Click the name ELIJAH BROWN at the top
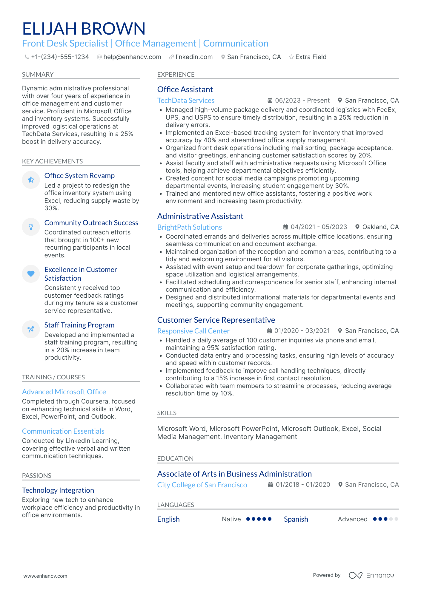coord(84,29)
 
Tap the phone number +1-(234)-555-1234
coord(60,57)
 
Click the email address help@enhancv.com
coord(132,57)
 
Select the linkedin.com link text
coord(194,57)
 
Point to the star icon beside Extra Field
coord(291,57)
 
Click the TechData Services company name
coord(186,101)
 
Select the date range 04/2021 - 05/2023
coord(319,227)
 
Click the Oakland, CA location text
coord(380,227)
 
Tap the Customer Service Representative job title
coord(216,320)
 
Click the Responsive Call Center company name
coord(193,331)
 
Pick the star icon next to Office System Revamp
coord(31,180)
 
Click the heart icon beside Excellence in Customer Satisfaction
coord(31,273)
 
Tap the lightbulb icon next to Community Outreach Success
coord(31,227)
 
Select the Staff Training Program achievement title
coord(79,325)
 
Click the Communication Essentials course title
coord(63,431)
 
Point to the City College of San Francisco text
coord(202,485)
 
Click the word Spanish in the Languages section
coord(296,519)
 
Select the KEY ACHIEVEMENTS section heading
coord(52,161)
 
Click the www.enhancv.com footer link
coord(45,576)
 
